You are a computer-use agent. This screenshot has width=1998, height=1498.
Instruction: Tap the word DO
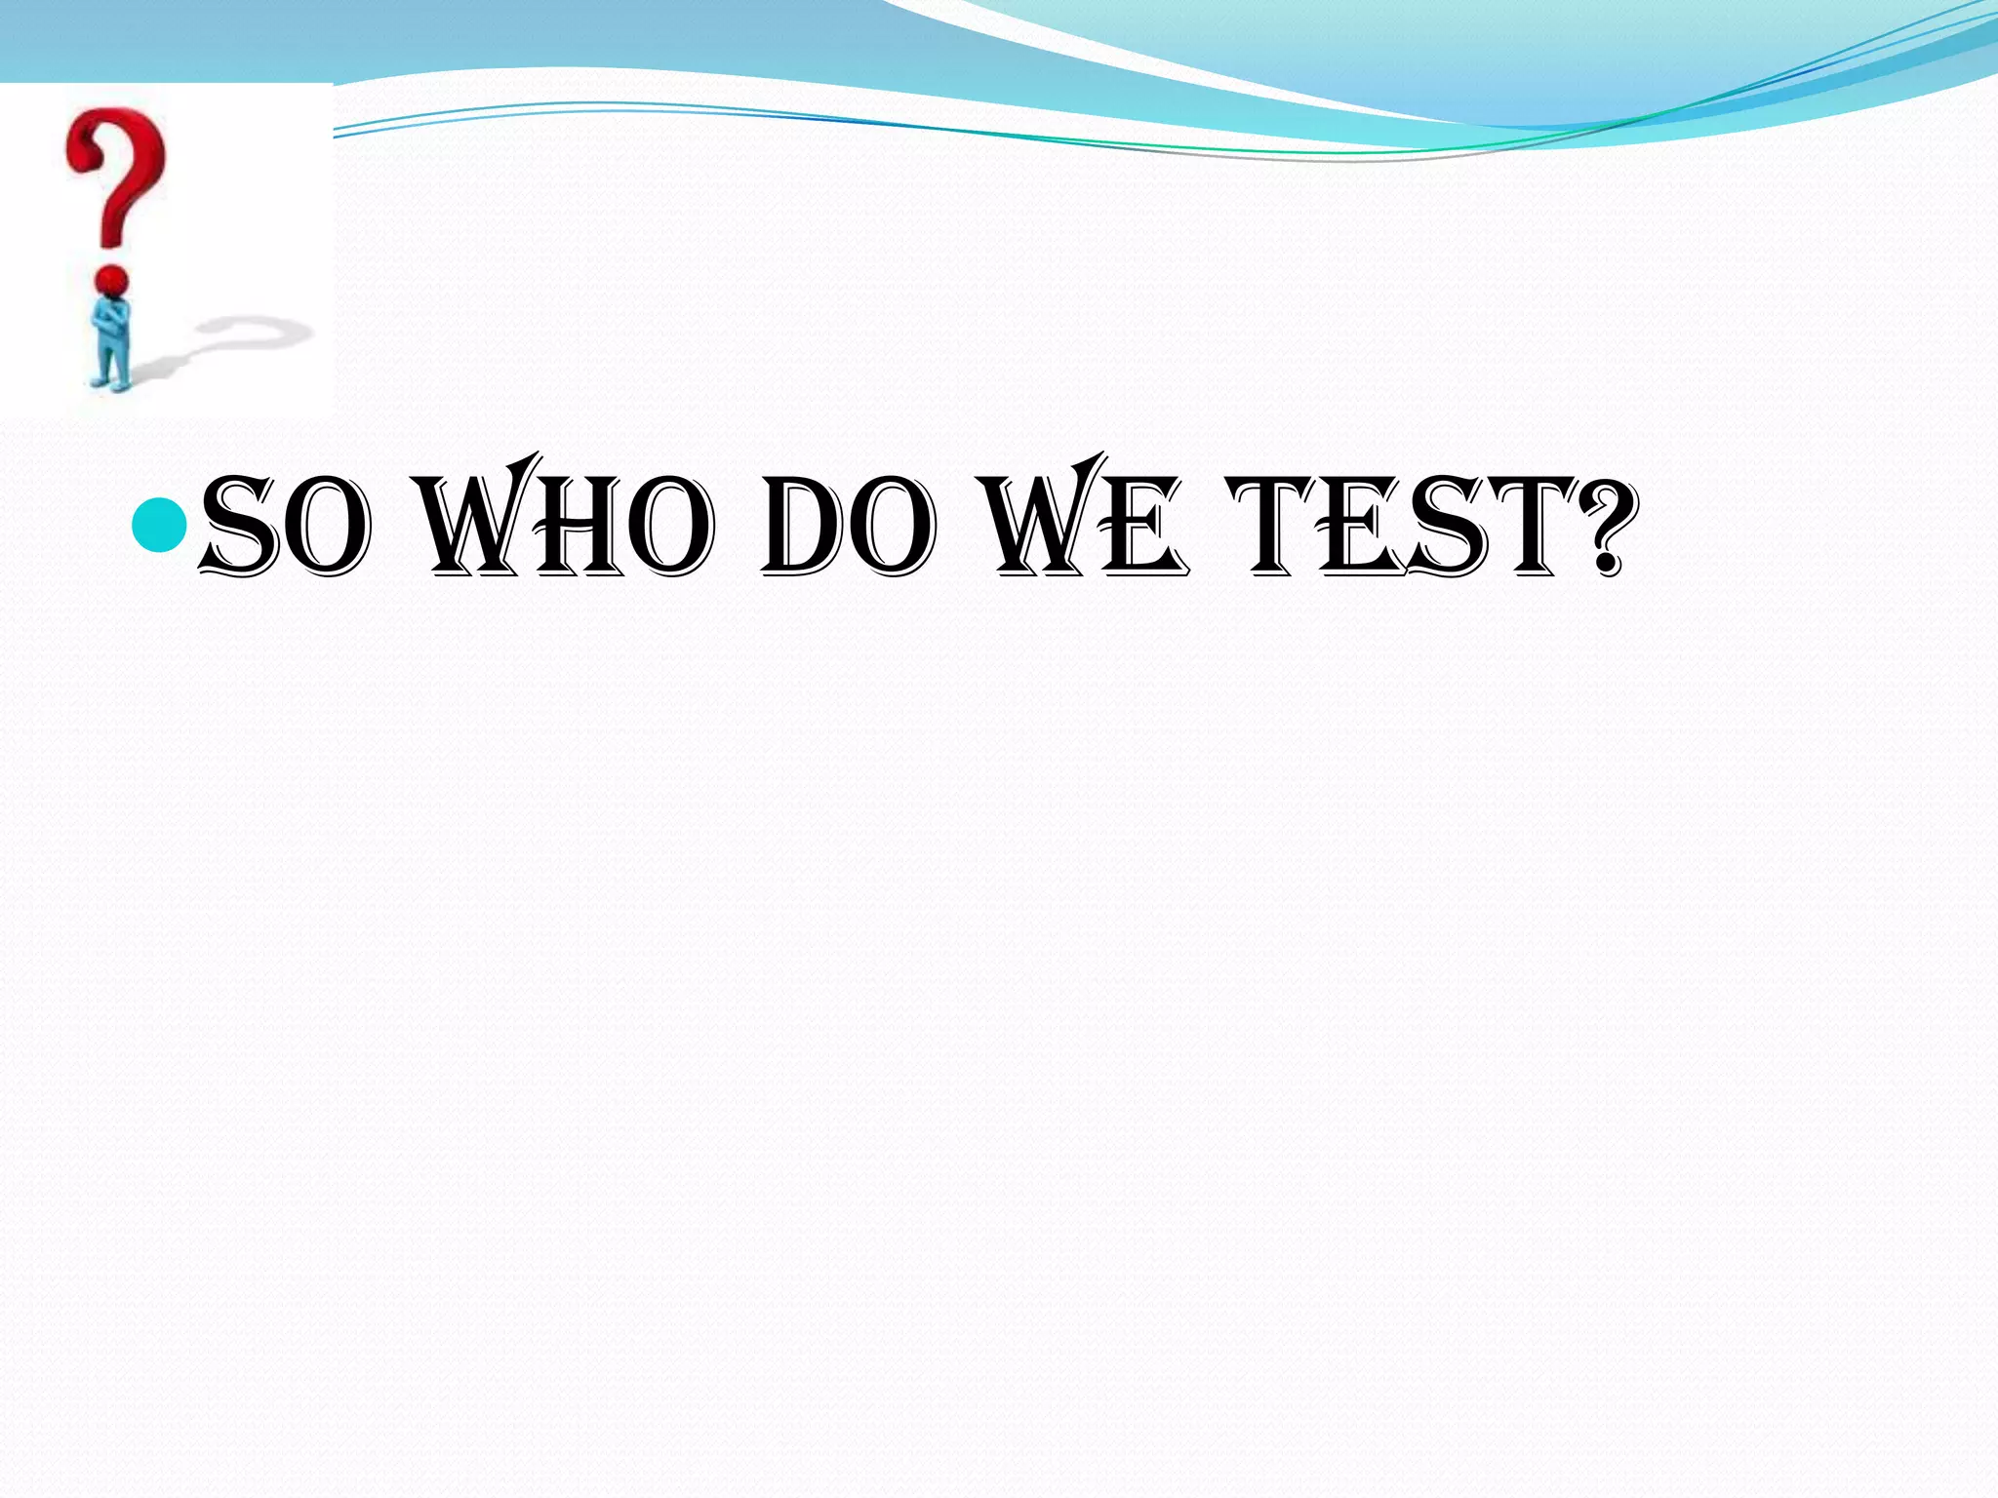[x=847, y=525]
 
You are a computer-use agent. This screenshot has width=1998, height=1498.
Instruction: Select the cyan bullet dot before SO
[x=158, y=525]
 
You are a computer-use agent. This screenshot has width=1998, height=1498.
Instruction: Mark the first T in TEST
[x=1274, y=523]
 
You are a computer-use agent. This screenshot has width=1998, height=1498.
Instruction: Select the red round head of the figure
[x=113, y=281]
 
